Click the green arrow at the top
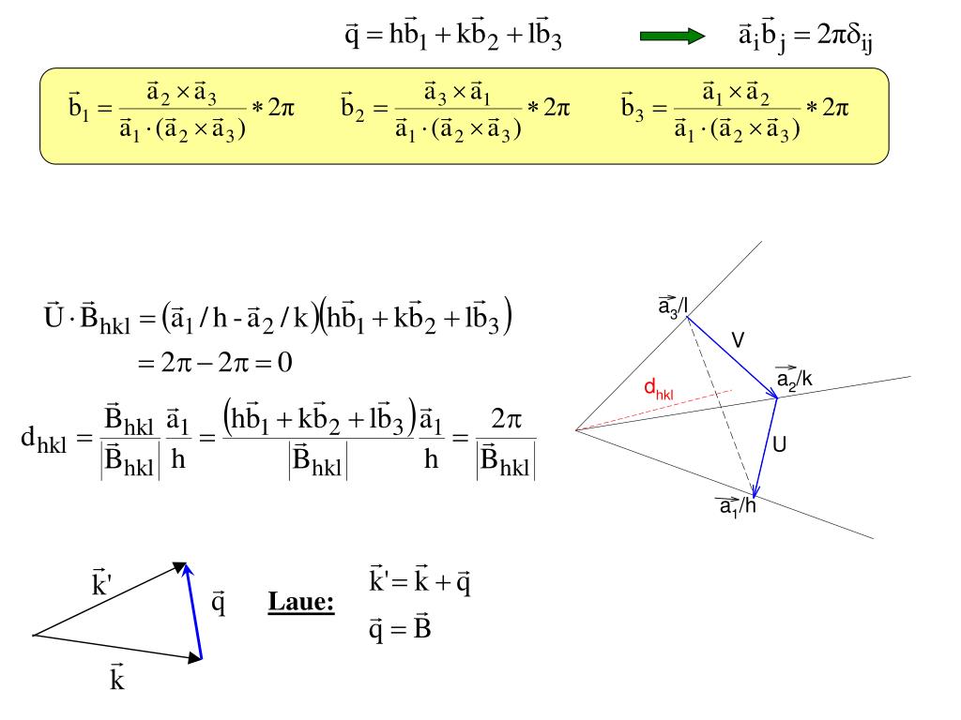[x=671, y=37]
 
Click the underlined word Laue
[x=301, y=601]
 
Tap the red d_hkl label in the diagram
[x=658, y=389]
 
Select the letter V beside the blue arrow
[x=738, y=340]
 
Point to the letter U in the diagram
[x=779, y=445]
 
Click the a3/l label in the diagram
[x=673, y=305]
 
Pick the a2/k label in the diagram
[x=794, y=378]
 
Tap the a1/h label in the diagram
[x=738, y=506]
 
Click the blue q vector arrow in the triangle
[x=193, y=611]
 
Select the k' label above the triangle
[x=101, y=585]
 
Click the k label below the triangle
[x=117, y=677]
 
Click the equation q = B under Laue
[x=400, y=627]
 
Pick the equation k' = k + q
[x=419, y=582]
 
